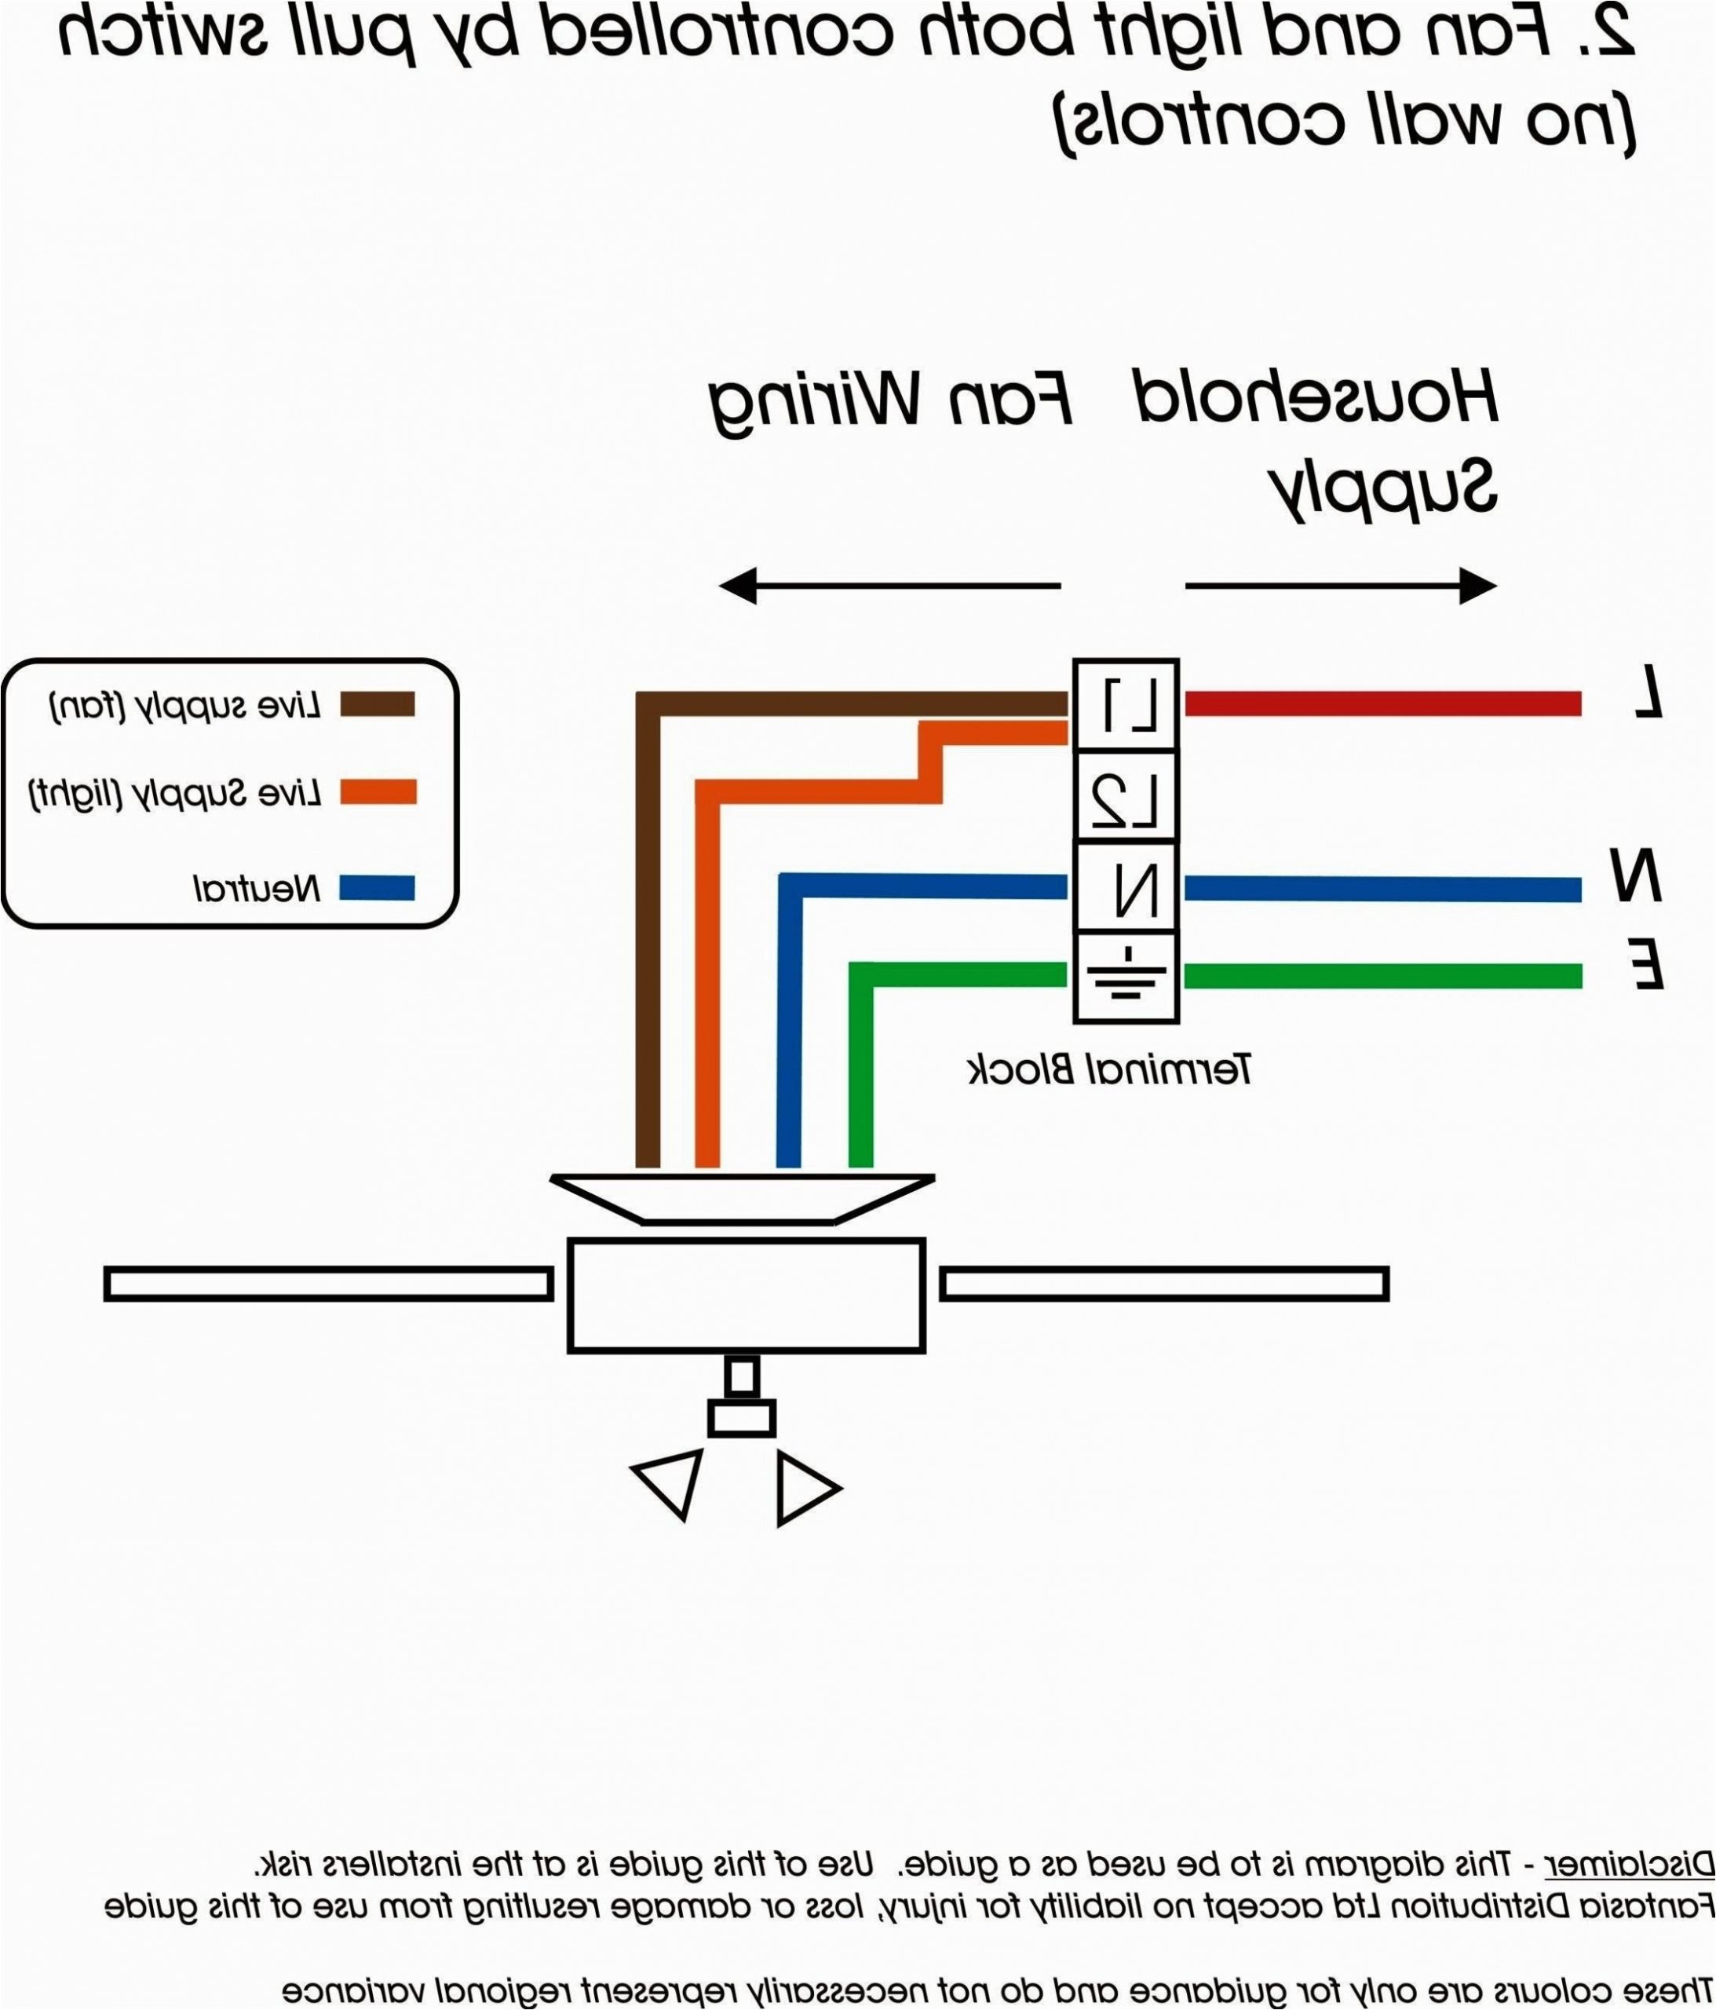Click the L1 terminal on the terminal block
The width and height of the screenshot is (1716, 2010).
pyautogui.click(x=1125, y=704)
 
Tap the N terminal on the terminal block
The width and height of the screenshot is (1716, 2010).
pyautogui.click(x=1125, y=886)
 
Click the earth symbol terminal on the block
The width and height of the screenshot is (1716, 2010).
pyautogui.click(x=1125, y=976)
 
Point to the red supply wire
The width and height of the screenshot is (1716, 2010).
pyautogui.click(x=1382, y=703)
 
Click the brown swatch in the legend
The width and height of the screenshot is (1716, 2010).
pyautogui.click(x=378, y=704)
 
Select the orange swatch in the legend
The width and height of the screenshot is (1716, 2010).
pyautogui.click(x=378, y=792)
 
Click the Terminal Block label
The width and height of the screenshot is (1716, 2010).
pyautogui.click(x=1110, y=1069)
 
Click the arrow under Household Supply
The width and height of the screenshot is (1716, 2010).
pyautogui.click(x=1341, y=586)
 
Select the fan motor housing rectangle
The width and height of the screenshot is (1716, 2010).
pyautogui.click(x=745, y=1294)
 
